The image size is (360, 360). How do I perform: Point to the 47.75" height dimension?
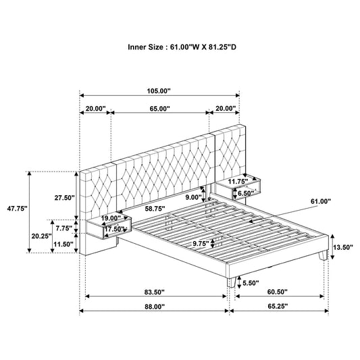(15, 209)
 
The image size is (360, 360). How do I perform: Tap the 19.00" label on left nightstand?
(111, 218)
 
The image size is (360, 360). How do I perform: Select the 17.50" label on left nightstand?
(114, 229)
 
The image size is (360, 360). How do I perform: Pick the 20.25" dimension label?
(43, 236)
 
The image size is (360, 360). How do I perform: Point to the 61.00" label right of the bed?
(322, 201)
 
